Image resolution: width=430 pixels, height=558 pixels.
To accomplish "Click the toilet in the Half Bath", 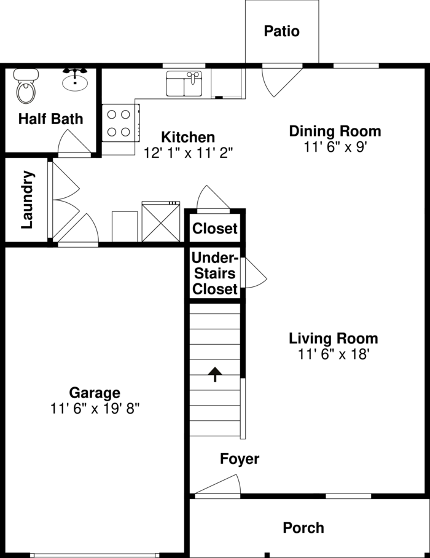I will click(x=26, y=87).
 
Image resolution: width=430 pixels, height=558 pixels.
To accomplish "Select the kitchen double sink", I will click(x=184, y=84).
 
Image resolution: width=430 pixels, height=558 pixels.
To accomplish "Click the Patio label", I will click(x=282, y=31).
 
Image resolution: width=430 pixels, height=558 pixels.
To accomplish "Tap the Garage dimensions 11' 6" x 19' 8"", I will click(x=95, y=409).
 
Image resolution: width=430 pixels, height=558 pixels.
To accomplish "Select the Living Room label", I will click(x=334, y=338).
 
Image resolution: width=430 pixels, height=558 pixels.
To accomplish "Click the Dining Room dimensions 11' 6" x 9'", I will click(x=335, y=147).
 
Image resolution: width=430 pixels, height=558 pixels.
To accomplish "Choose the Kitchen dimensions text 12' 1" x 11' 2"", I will click(x=188, y=153).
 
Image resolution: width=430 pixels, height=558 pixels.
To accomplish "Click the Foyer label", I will click(x=240, y=458).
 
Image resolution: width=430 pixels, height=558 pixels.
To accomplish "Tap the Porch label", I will click(x=303, y=527).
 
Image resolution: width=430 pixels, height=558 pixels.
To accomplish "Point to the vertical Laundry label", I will click(x=27, y=200).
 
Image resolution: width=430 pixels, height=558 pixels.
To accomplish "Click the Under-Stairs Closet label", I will click(x=214, y=273).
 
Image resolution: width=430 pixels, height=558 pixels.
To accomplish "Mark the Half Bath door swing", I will click(x=74, y=143).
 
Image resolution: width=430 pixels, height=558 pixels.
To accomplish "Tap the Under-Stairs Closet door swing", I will click(x=254, y=273).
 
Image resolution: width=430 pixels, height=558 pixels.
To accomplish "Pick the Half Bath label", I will click(x=50, y=119).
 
